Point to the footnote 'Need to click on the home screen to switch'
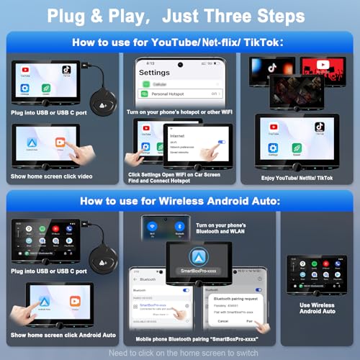180,352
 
